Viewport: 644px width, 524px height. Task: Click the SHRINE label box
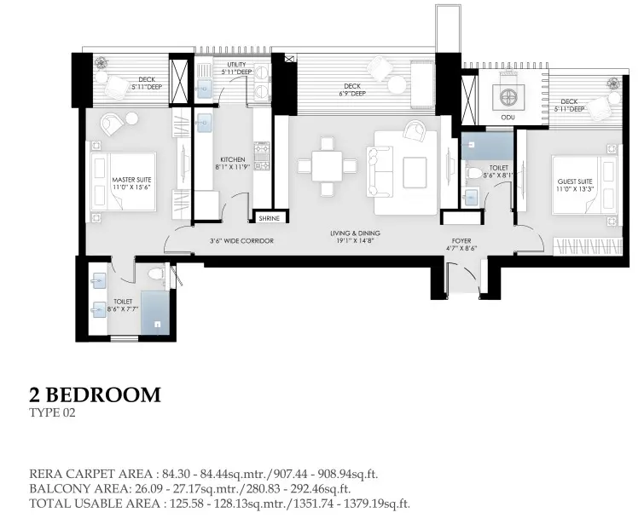(269, 218)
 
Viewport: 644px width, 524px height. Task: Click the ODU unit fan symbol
(508, 96)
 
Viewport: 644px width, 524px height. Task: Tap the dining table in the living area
(327, 166)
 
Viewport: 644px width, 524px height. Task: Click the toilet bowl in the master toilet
(156, 274)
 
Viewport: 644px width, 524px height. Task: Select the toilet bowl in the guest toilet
(473, 173)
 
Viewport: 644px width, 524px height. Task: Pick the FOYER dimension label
(461, 248)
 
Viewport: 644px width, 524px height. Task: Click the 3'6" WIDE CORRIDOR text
(241, 241)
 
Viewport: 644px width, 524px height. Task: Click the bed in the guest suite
(584, 184)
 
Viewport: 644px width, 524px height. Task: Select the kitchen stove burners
(261, 156)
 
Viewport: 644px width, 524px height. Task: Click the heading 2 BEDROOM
(95, 394)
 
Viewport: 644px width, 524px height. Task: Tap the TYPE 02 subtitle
(52, 412)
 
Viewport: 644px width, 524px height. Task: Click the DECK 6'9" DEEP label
(352, 89)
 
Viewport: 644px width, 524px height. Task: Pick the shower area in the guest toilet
(487, 146)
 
